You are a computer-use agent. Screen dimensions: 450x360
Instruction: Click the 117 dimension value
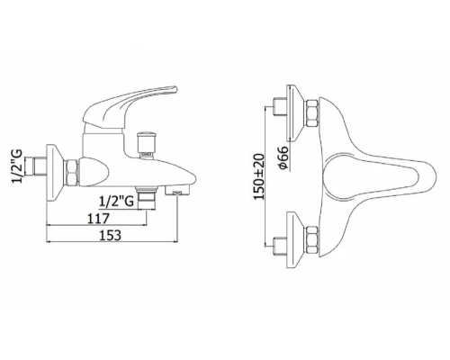click(98, 218)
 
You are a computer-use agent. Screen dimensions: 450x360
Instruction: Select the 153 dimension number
click(110, 235)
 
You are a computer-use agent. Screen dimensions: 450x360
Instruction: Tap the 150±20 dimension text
click(258, 176)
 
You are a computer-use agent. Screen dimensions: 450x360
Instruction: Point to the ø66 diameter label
click(283, 158)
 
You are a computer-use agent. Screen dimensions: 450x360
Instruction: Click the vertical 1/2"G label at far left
click(17, 166)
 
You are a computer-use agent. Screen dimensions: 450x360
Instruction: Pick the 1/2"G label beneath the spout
click(116, 201)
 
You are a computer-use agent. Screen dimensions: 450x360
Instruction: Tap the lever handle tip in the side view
click(173, 89)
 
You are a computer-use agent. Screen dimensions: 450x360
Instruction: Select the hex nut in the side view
click(72, 172)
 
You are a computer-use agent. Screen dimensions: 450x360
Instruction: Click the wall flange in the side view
click(55, 173)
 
